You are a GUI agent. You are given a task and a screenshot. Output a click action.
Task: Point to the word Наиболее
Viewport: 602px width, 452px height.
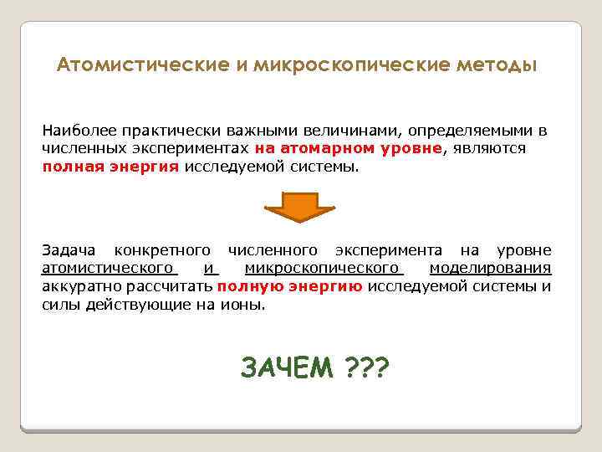pos(78,132)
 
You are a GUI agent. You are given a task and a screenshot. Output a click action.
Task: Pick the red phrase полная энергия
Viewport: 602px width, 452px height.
pos(110,166)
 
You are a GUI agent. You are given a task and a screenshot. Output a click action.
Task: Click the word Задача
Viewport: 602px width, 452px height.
pos(69,250)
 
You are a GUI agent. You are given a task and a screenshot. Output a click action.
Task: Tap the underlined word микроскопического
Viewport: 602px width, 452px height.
pos(323,268)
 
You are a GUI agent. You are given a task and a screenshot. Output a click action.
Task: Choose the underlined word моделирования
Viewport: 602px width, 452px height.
pos(490,268)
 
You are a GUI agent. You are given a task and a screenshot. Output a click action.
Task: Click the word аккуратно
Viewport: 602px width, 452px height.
pos(80,285)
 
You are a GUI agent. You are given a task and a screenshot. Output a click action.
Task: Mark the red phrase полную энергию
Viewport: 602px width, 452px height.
pos(289,285)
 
